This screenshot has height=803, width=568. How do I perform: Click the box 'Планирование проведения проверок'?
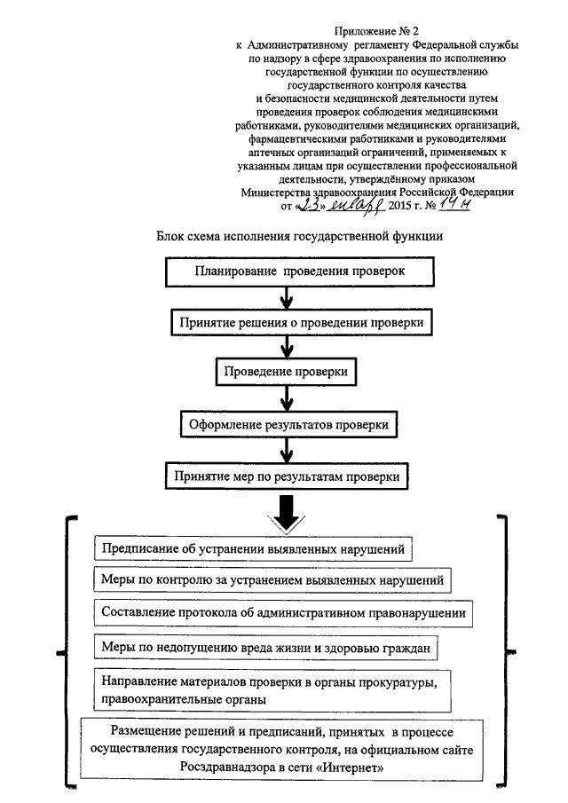pyautogui.click(x=300, y=272)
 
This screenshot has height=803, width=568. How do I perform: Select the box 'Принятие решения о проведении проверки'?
pyautogui.click(x=302, y=323)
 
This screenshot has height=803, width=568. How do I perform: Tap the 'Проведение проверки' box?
pyautogui.click(x=286, y=371)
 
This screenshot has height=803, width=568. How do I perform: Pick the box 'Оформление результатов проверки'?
pyautogui.click(x=288, y=424)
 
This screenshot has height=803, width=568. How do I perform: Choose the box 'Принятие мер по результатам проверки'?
pyautogui.click(x=287, y=476)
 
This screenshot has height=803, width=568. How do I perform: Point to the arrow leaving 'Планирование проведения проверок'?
pyautogui.click(x=287, y=297)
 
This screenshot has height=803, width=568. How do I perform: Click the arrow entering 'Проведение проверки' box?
pyautogui.click(x=287, y=347)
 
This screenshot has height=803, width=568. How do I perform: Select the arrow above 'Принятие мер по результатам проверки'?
pyautogui.click(x=287, y=450)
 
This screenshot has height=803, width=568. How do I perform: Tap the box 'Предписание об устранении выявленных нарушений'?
pyautogui.click(x=254, y=548)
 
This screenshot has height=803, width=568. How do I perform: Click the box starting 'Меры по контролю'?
pyautogui.click(x=272, y=579)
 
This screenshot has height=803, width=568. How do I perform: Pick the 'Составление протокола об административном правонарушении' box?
pyautogui.click(x=283, y=612)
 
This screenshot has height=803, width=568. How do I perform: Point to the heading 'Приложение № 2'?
pyautogui.click(x=376, y=32)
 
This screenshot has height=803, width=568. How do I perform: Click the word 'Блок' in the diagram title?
pyautogui.click(x=170, y=236)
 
